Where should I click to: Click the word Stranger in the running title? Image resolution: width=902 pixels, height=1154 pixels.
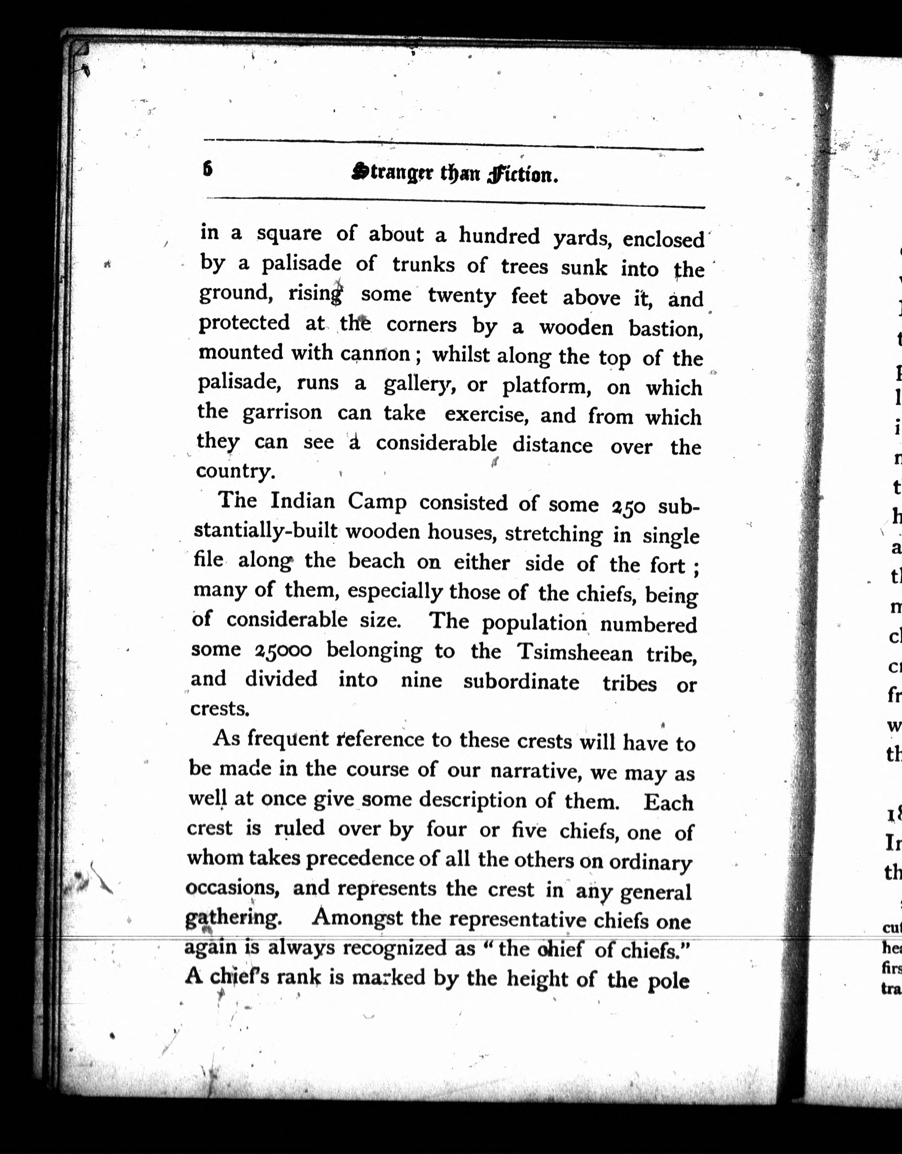390,173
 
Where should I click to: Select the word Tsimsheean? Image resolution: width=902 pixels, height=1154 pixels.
574,653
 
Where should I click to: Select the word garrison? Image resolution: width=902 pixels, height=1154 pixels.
282,412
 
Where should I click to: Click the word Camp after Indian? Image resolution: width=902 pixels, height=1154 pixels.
377,501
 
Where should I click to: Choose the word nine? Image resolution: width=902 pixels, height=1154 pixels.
421,680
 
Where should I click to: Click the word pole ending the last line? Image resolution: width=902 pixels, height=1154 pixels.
668,981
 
